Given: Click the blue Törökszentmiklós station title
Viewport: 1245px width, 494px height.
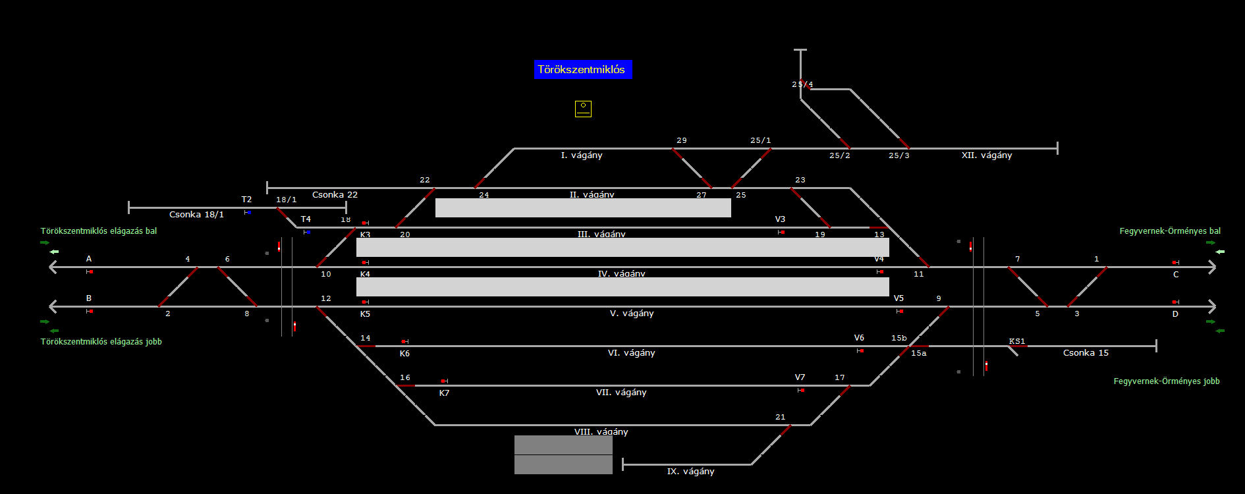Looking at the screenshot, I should pos(582,70).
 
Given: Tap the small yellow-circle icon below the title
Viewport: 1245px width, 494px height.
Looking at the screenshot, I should pos(583,109).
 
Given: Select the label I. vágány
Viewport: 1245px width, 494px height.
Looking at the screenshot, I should pos(582,155).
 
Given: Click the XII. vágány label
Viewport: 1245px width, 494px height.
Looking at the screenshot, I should pos(986,155).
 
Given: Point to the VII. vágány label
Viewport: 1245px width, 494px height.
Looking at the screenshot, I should pos(621,393).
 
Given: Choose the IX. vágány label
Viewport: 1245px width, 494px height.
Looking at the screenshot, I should pos(690,472).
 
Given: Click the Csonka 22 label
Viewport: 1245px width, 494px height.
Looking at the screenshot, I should pos(335,195).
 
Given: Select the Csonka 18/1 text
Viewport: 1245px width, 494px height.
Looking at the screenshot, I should pos(196,215).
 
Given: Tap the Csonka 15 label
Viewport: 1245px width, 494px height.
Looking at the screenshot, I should pos(1086,353).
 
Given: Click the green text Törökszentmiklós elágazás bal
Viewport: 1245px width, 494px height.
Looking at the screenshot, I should pos(99,231).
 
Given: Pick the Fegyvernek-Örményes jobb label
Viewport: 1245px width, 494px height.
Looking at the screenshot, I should pos(1166,381).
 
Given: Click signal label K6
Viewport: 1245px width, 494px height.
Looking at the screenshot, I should pos(404,354).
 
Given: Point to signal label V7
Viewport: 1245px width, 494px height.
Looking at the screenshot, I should pos(800,377).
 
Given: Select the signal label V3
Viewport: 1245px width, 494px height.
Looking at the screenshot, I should pos(780,219).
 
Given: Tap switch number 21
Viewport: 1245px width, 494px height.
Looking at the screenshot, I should pos(780,417).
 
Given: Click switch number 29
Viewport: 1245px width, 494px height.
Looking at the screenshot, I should pos(681,140).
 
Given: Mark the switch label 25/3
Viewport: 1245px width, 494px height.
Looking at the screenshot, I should pos(899,155).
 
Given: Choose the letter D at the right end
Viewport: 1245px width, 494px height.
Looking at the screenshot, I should pos(1175,314).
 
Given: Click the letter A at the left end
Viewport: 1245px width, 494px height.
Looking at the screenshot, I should pos(89,259).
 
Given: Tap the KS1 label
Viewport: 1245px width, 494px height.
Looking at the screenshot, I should pos(1017,341).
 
